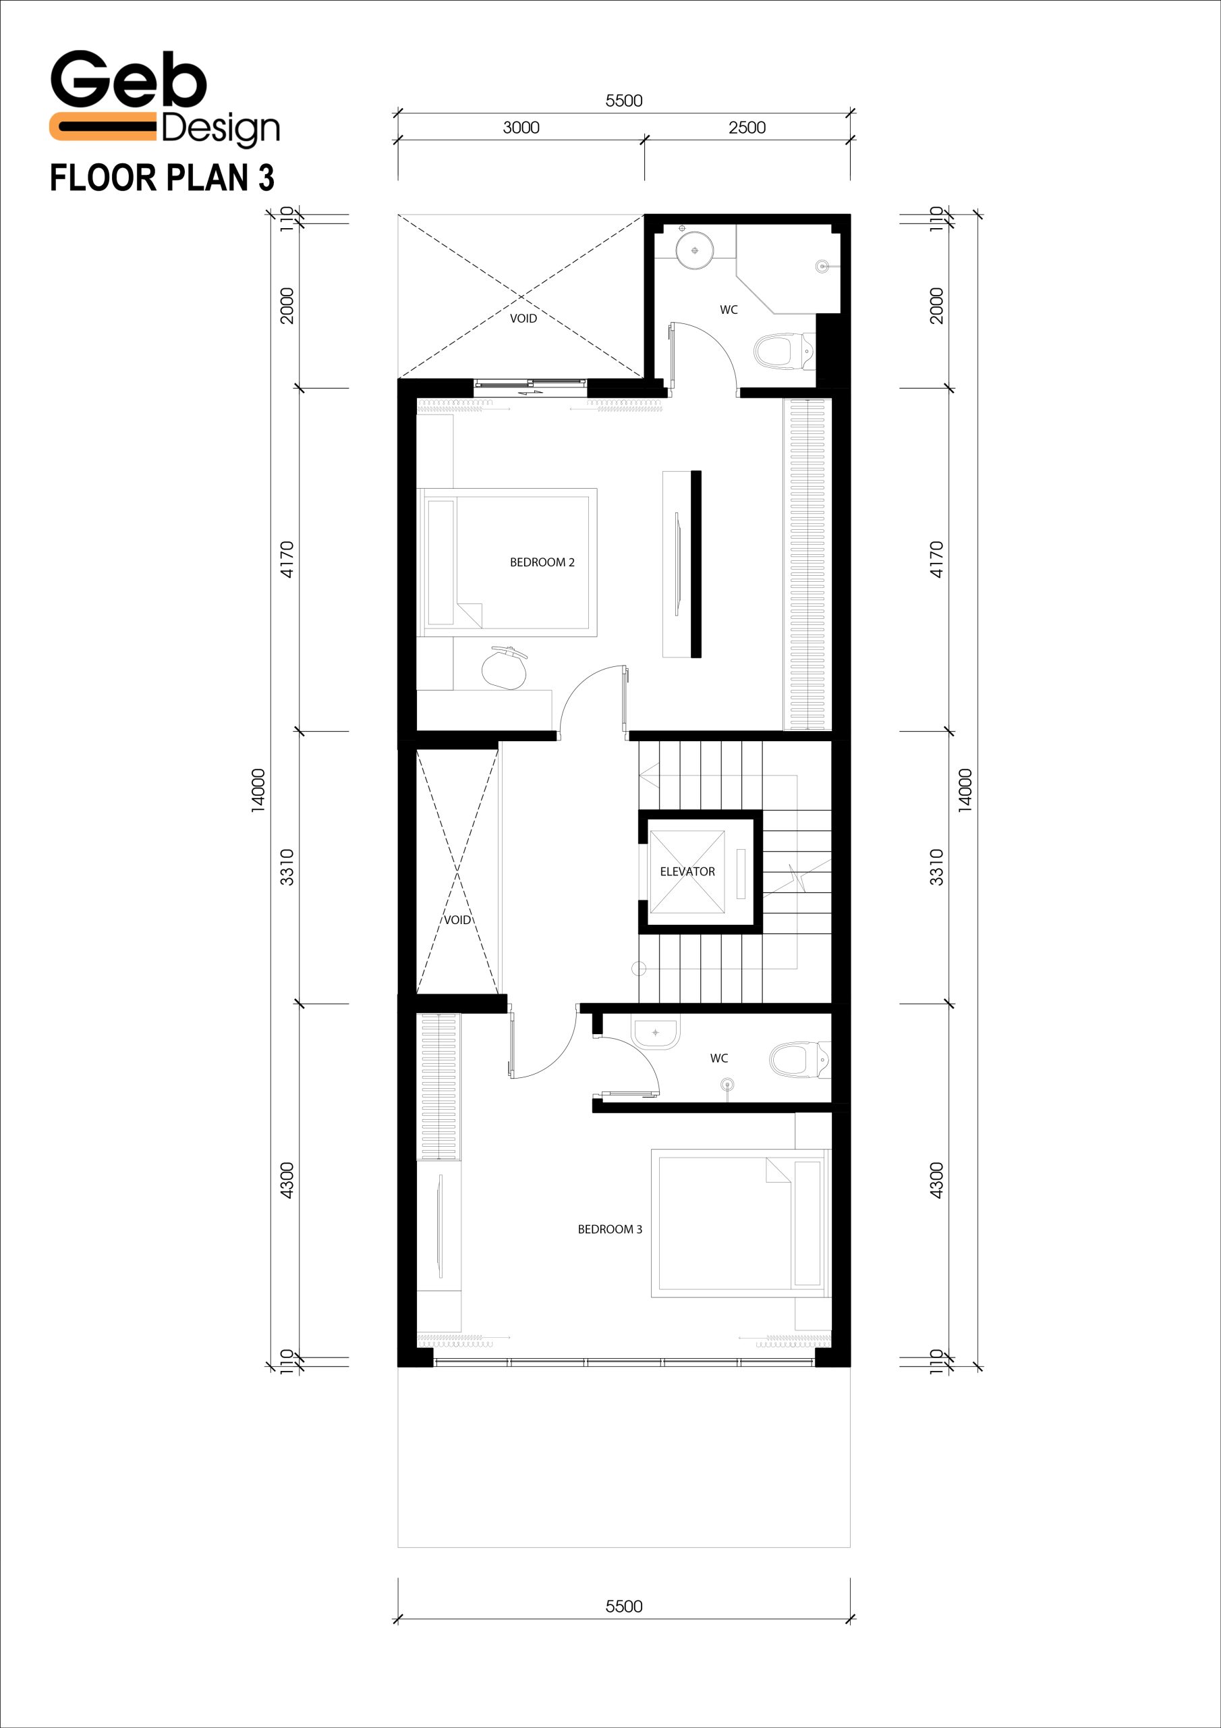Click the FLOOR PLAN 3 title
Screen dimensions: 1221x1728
[162, 178]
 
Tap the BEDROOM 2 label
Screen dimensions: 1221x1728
[542, 562]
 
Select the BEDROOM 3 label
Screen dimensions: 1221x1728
[609, 1229]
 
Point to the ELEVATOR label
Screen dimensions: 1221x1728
[687, 871]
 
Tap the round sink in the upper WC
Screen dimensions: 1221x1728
[693, 250]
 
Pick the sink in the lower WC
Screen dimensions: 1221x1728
[656, 1033]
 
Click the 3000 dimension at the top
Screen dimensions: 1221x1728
[521, 128]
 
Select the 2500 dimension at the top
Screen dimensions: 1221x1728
[747, 128]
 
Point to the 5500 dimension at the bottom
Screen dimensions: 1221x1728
[624, 1606]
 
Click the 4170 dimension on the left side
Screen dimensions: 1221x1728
[287, 559]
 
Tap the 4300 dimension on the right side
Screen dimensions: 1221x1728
[936, 1180]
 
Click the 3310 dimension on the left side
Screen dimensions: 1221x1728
[287, 867]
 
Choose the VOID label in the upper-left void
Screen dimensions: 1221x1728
[523, 319]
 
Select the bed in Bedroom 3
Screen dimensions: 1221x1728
[741, 1223]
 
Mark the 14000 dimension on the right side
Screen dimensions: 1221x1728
[965, 790]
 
